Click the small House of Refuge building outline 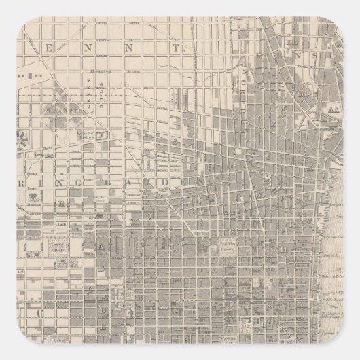(103, 135)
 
